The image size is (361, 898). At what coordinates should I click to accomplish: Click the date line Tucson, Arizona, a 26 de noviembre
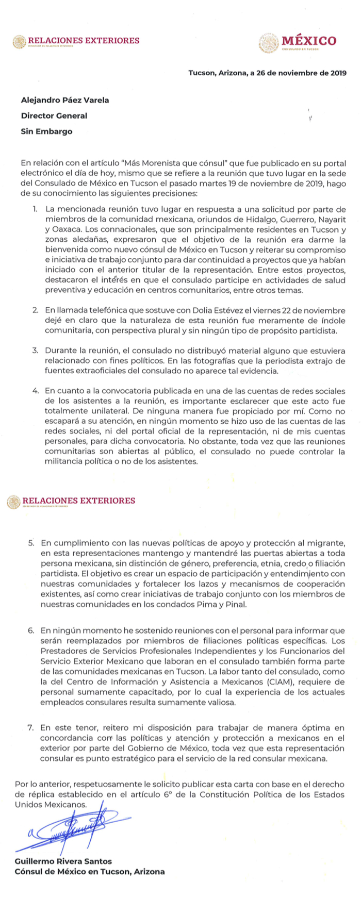pyautogui.click(x=267, y=73)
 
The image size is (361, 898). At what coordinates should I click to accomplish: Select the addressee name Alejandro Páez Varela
pyautogui.click(x=65, y=100)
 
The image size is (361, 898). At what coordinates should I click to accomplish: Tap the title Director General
pyautogui.click(x=54, y=115)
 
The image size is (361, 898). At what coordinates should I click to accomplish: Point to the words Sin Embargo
pyautogui.click(x=46, y=131)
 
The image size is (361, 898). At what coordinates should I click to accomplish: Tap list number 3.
pyautogui.click(x=35, y=350)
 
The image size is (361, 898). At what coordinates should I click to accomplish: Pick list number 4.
pyautogui.click(x=35, y=391)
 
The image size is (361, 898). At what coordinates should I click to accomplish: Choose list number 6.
pyautogui.click(x=31, y=630)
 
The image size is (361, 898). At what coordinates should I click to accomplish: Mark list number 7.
pyautogui.click(x=31, y=727)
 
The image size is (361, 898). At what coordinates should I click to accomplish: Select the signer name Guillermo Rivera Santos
pyautogui.click(x=63, y=861)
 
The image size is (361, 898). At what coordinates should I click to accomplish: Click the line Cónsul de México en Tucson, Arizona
pyautogui.click(x=90, y=871)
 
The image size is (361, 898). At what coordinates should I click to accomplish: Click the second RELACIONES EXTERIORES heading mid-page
pyautogui.click(x=77, y=501)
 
